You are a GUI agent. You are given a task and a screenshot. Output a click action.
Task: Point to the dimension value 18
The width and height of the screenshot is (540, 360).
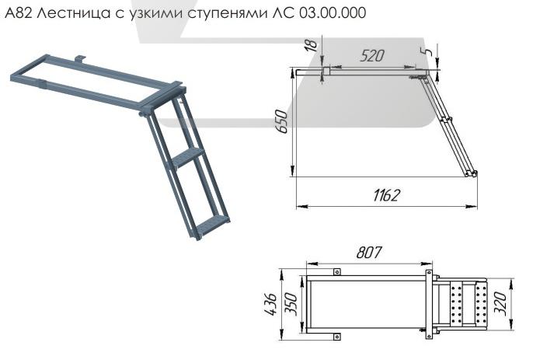tap(312, 47)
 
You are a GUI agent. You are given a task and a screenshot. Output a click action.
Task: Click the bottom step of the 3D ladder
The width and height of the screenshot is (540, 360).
tap(208, 227)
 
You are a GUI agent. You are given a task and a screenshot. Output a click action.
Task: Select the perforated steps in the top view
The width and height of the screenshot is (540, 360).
tap(470, 304)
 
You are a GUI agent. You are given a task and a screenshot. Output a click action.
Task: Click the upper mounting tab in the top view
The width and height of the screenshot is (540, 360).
tap(337, 271)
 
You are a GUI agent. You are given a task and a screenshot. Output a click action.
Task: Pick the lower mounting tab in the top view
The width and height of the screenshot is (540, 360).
tap(337, 337)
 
